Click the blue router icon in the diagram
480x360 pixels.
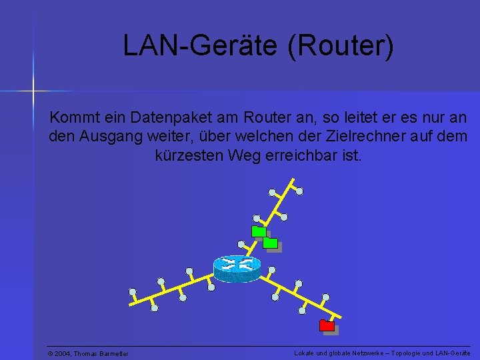point(237,267)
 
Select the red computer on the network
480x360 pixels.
point(327,326)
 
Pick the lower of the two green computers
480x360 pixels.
point(270,243)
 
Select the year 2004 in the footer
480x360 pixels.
point(63,353)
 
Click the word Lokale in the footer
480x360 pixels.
point(304,353)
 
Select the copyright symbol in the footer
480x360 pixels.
point(51,353)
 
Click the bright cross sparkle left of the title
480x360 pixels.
point(32,89)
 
